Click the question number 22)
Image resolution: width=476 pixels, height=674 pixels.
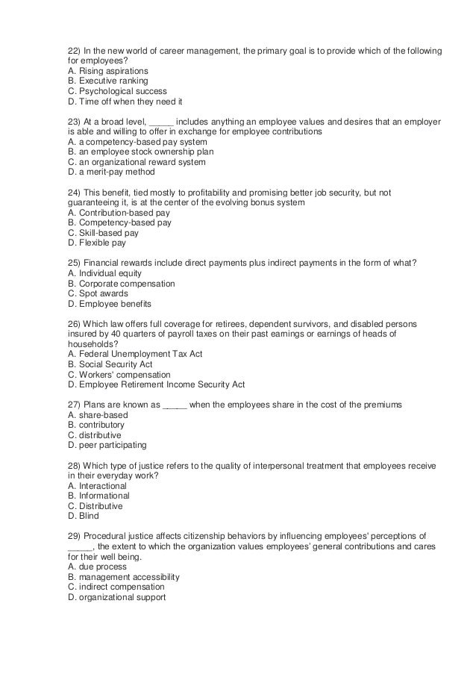(x=74, y=50)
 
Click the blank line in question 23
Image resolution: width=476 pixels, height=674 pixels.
(x=162, y=122)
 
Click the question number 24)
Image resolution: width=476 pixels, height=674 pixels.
(x=74, y=192)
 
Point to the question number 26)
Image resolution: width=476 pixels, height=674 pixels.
(x=74, y=324)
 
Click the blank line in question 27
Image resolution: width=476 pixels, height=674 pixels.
(x=175, y=405)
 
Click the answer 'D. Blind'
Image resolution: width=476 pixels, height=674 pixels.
(x=83, y=516)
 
